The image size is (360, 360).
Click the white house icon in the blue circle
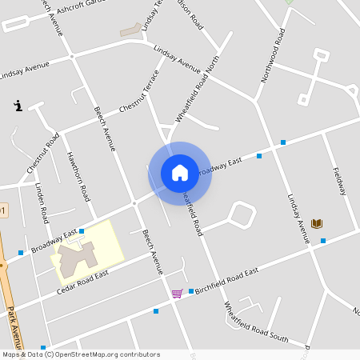[180, 172]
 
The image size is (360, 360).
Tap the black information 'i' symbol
[18, 105]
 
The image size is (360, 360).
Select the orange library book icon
[317, 222]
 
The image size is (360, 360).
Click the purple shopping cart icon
[177, 294]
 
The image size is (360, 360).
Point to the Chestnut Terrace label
[139, 93]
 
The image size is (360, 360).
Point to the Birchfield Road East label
[226, 281]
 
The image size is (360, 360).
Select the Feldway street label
[339, 181]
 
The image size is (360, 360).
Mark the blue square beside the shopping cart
[191, 291]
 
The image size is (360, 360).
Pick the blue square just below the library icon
[323, 241]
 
